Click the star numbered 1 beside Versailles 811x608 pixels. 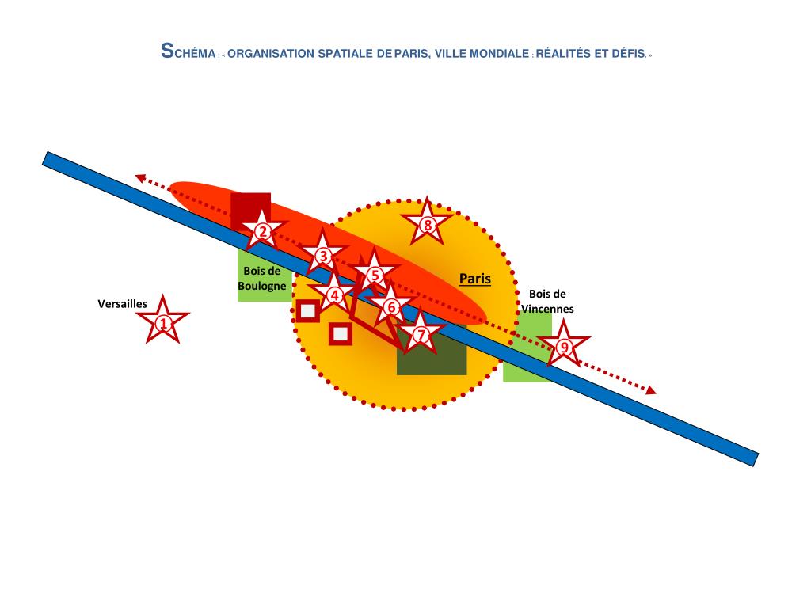[162, 322]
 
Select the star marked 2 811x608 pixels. [262, 232]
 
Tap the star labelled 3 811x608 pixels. [322, 256]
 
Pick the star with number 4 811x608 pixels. [334, 294]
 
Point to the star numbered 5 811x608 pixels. [375, 275]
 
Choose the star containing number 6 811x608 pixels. [390, 306]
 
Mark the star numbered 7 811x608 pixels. [421, 335]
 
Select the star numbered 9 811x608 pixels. [564, 347]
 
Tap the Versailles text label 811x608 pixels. [122, 303]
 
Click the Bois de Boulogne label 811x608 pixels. [262, 278]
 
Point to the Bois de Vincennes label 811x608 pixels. [547, 301]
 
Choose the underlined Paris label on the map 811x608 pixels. [475, 279]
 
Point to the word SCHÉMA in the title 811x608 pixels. [188, 53]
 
